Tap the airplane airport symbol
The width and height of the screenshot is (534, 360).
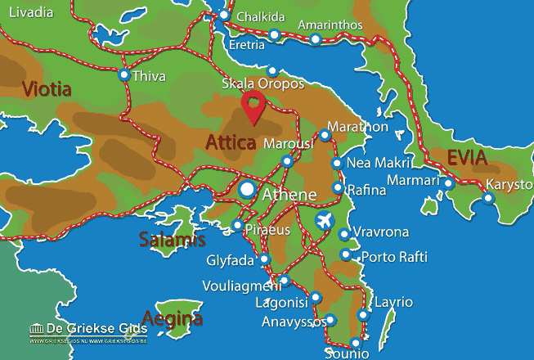(325, 221)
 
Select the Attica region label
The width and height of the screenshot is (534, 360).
(231, 142)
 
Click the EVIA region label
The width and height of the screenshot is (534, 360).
(466, 158)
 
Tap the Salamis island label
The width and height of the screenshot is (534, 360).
(172, 240)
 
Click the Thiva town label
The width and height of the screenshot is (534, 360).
(153, 76)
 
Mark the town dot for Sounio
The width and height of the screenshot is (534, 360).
(355, 343)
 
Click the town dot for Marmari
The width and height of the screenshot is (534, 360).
(448, 183)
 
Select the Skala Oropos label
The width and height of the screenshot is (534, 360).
(263, 84)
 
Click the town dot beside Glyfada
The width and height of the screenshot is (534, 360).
(264, 259)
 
